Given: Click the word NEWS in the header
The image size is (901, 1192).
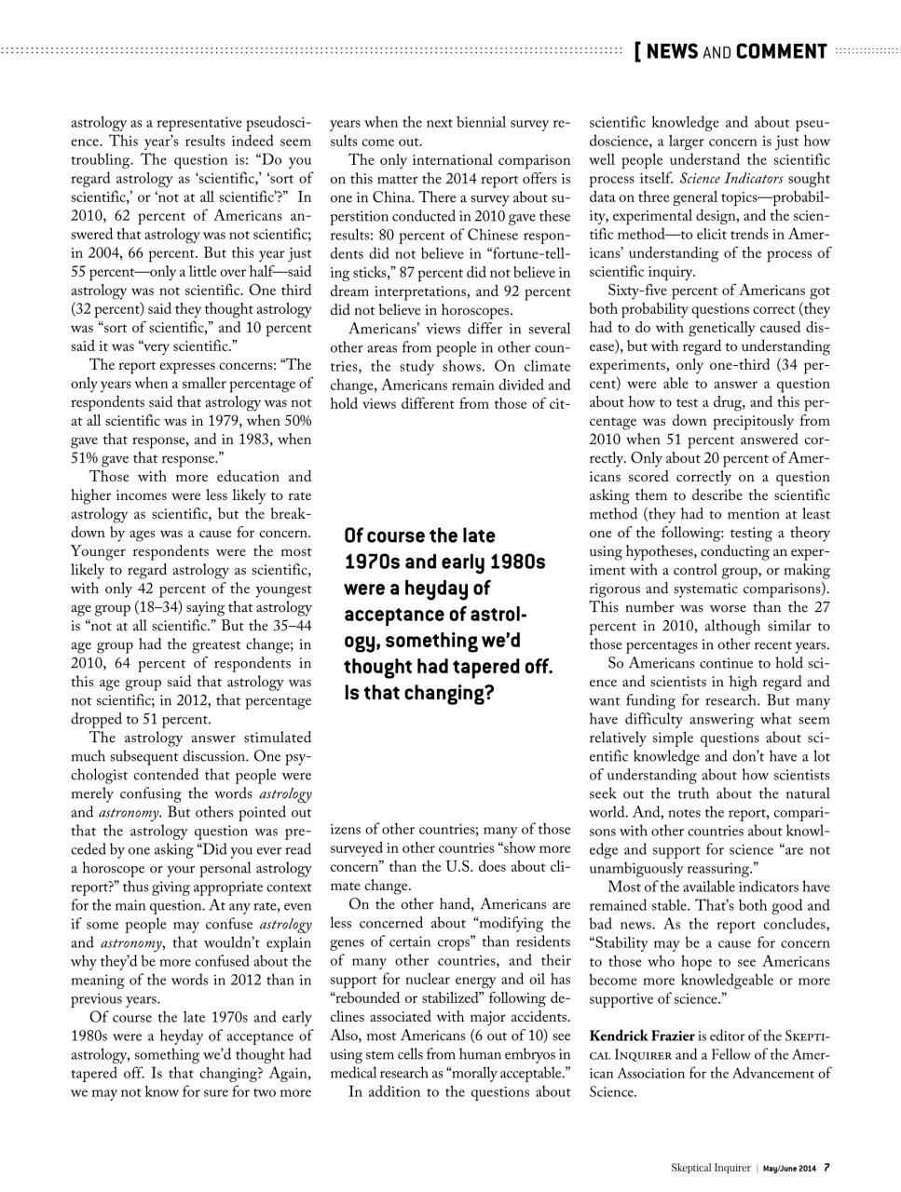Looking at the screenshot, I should [671, 51].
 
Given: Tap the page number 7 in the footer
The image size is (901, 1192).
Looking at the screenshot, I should [826, 1167].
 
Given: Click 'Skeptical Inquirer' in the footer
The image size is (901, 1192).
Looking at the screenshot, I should [711, 1167].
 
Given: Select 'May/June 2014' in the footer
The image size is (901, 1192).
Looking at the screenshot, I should [790, 1167].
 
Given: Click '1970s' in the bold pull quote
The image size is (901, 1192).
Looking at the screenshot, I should [374, 562].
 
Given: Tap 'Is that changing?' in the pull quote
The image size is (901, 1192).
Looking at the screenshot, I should [417, 693].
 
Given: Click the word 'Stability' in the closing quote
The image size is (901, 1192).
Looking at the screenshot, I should [623, 942].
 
